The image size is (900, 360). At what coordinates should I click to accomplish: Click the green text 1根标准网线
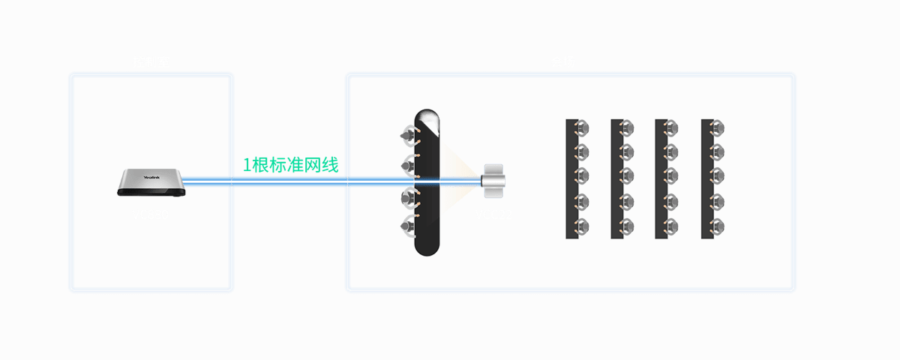click(x=290, y=166)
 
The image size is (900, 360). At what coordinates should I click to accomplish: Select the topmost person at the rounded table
click(x=408, y=136)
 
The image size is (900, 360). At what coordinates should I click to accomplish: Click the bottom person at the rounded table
click(x=409, y=224)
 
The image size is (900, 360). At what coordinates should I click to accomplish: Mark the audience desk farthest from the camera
click(x=706, y=178)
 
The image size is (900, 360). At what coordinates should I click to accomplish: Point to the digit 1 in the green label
click(x=247, y=166)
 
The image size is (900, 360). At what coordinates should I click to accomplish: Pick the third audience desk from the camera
click(x=661, y=178)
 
